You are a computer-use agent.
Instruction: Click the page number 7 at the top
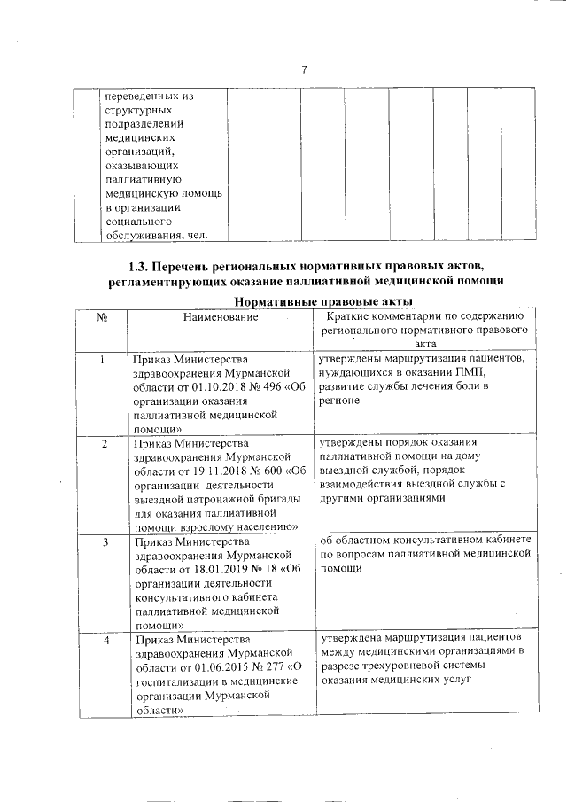coord(303,70)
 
